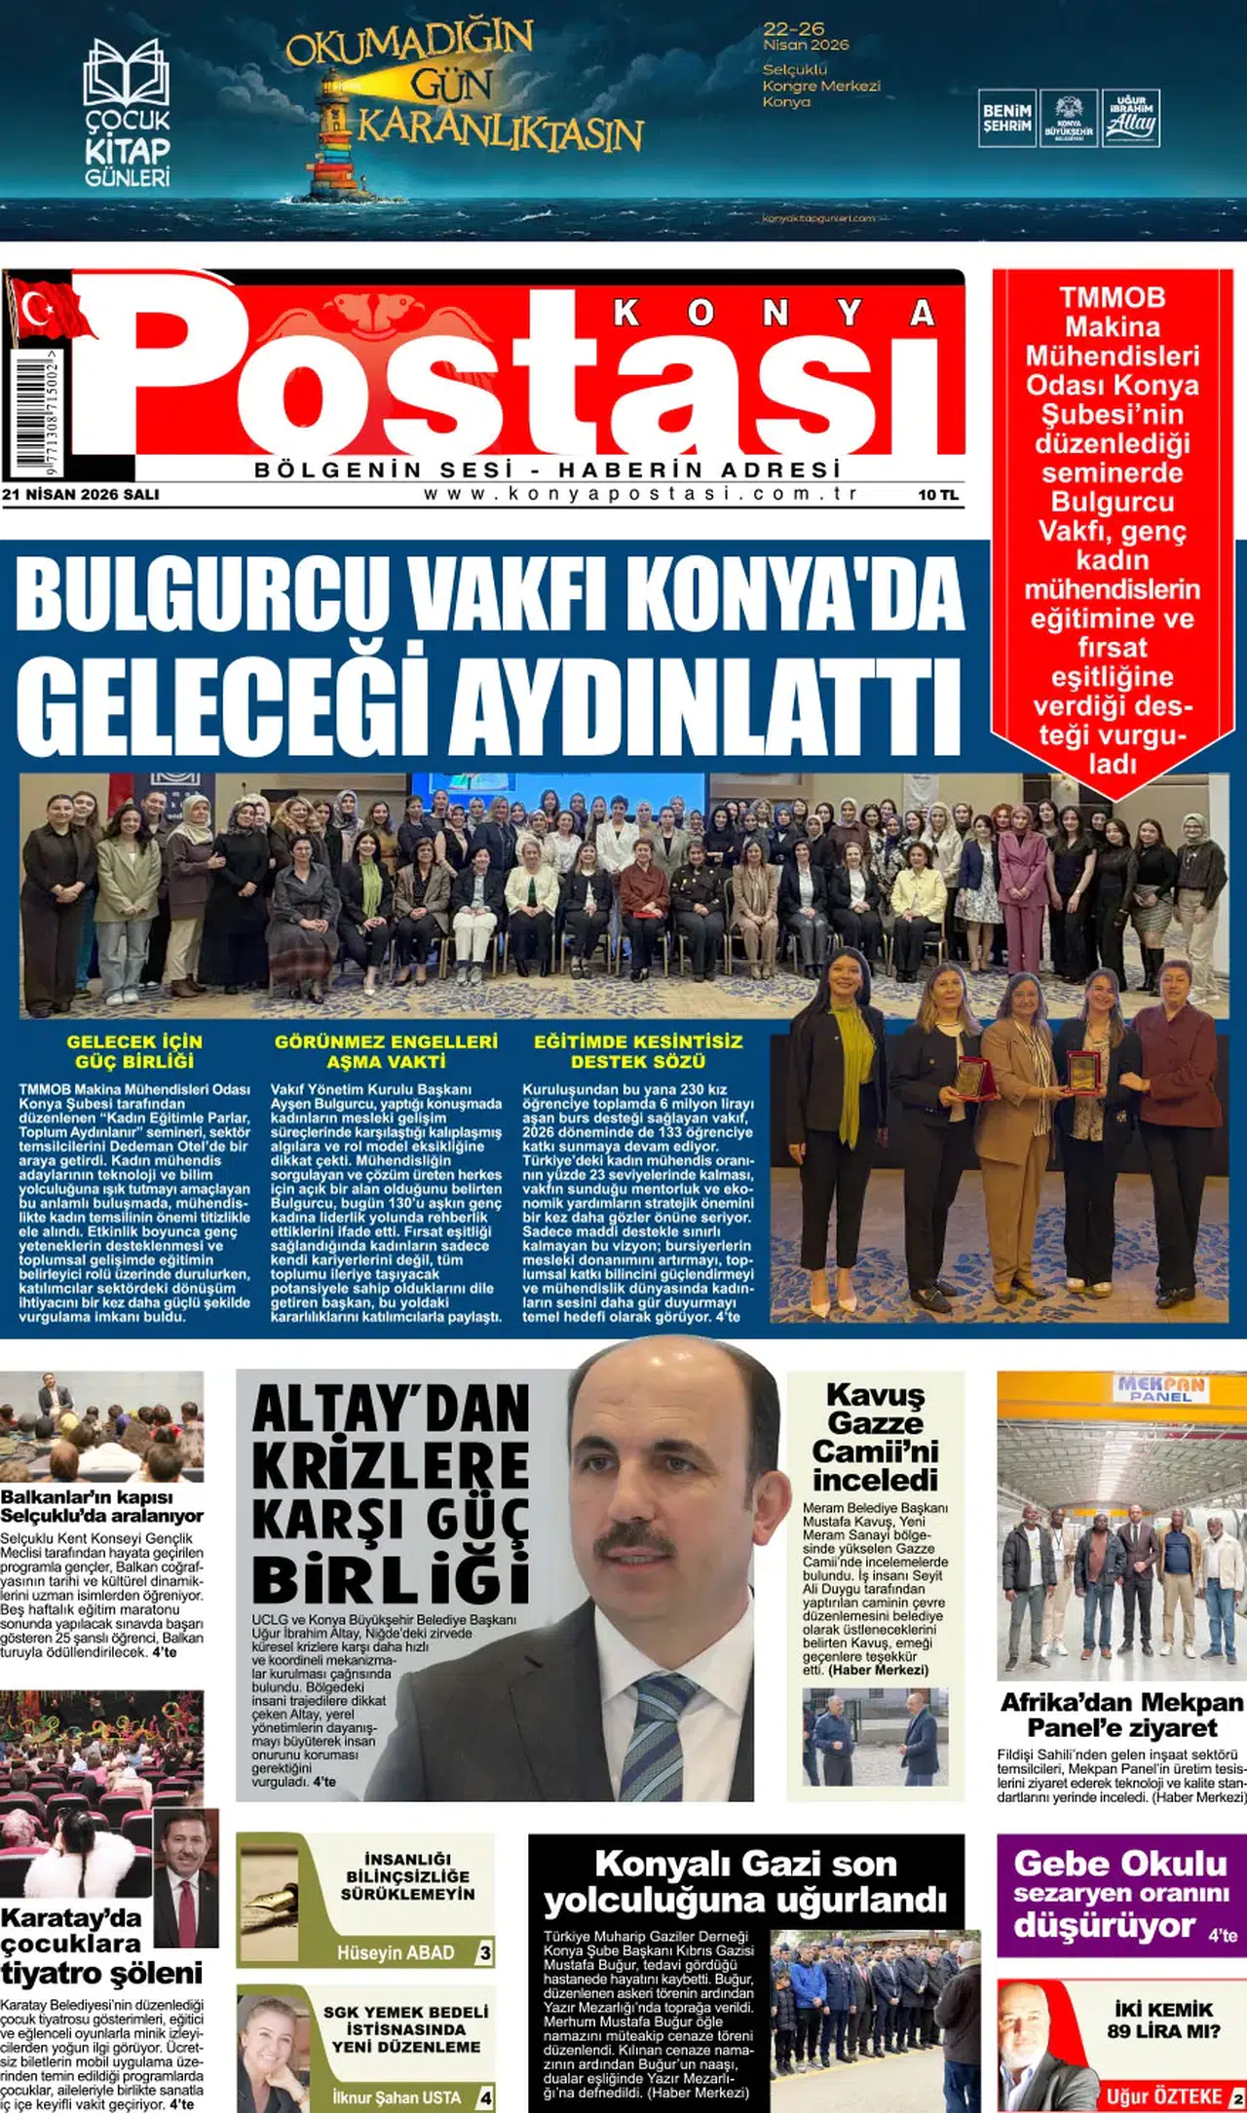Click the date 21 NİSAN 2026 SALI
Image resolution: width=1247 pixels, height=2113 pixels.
(x=81, y=494)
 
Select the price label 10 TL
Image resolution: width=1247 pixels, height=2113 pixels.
(x=937, y=495)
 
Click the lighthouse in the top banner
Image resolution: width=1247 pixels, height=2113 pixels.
(x=336, y=136)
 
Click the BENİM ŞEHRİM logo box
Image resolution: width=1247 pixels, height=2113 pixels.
(x=1006, y=119)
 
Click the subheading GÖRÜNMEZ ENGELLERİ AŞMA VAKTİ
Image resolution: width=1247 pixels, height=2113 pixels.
(x=386, y=1051)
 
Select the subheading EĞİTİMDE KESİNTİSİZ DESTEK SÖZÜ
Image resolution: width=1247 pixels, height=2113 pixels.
(x=638, y=1051)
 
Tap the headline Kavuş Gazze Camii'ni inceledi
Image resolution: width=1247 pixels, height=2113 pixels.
(x=875, y=1437)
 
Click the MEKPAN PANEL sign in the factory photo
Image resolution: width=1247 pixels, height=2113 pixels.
(x=1160, y=1387)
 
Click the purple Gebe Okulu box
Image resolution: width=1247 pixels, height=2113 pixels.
(x=1120, y=1895)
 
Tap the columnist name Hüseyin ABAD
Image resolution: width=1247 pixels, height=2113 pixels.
(x=396, y=1952)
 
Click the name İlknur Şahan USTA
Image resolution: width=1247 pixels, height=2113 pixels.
(x=396, y=2096)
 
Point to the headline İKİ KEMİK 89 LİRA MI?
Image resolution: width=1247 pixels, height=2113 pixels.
(x=1163, y=2019)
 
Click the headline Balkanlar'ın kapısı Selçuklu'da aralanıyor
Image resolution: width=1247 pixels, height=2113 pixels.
(x=101, y=1506)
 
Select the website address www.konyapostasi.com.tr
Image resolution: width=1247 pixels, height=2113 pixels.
(x=641, y=493)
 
